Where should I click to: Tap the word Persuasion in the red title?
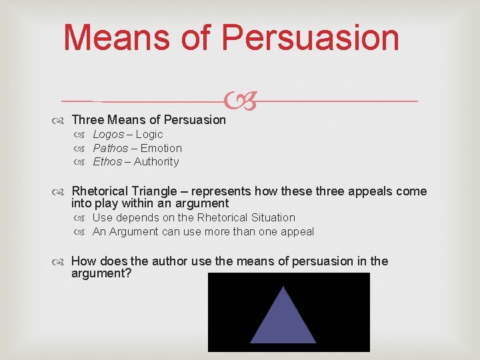310,37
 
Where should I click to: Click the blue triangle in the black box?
283,317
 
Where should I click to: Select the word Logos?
108,134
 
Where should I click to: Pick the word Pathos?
111,148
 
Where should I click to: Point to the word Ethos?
107,161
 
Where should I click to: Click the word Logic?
149,134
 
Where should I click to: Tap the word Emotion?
161,148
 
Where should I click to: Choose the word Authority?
157,161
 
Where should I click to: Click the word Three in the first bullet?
87,120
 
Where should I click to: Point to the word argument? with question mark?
101,273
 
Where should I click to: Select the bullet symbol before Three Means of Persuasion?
62,120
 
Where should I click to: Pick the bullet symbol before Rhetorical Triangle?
62,191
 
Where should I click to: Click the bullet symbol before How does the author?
62,261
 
